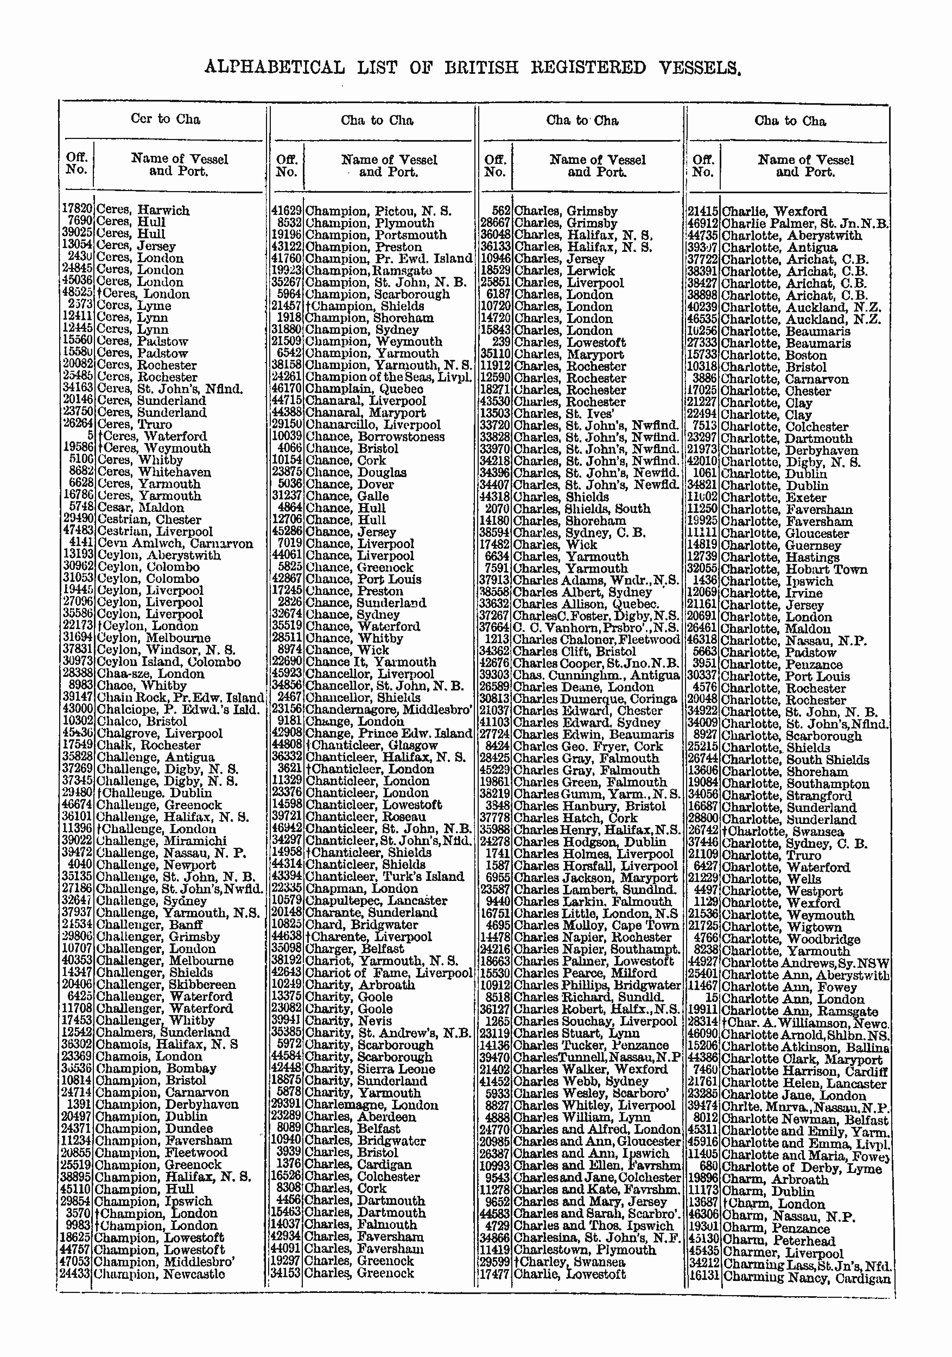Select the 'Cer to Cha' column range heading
pyautogui.click(x=166, y=119)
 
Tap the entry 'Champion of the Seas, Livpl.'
pyautogui.click(x=388, y=377)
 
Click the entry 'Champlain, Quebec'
pyautogui.click(x=364, y=389)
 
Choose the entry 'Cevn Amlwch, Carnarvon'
pyautogui.click(x=175, y=543)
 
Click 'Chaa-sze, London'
pyautogui.click(x=150, y=674)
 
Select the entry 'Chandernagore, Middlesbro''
pyautogui.click(x=388, y=710)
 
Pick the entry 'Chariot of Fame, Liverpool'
pyautogui.click(x=388, y=972)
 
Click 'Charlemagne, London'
pyautogui.click(x=371, y=1105)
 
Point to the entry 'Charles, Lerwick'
pyautogui.click(x=564, y=271)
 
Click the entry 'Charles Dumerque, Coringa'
pyautogui.click(x=594, y=699)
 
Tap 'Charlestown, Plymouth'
pyautogui.click(x=585, y=1250)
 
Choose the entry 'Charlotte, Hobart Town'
pyautogui.click(x=794, y=570)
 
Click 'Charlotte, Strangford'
pyautogui.click(x=786, y=796)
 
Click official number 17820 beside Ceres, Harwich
pyautogui.click(x=77, y=210)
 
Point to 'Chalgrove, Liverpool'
pyautogui.click(x=160, y=733)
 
